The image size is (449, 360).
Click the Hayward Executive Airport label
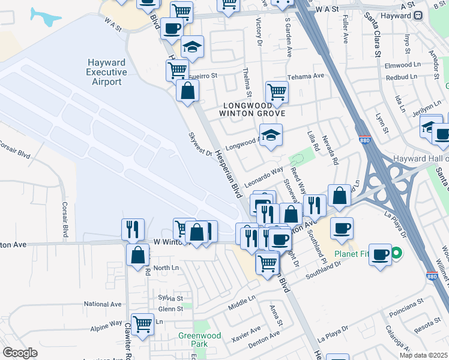tap(107, 72)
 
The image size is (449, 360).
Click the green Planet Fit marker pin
tap(396, 254)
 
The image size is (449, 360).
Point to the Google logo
tap(20, 353)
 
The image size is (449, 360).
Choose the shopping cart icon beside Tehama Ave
tap(277, 92)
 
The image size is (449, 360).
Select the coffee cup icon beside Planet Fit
tap(381, 254)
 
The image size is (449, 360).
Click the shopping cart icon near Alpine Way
tap(142, 324)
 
